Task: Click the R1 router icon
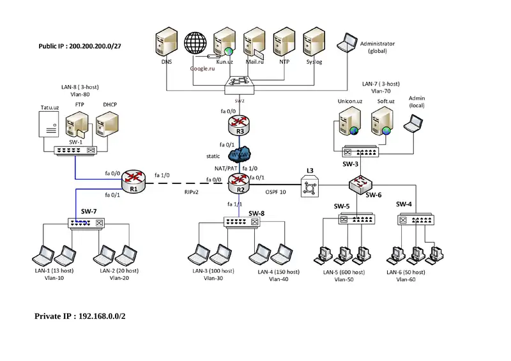point(135,179)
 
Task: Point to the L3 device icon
point(310,188)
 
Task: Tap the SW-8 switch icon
point(242,222)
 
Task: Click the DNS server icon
point(166,43)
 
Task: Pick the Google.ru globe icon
point(196,44)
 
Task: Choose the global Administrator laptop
point(348,42)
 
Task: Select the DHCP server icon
point(105,125)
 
